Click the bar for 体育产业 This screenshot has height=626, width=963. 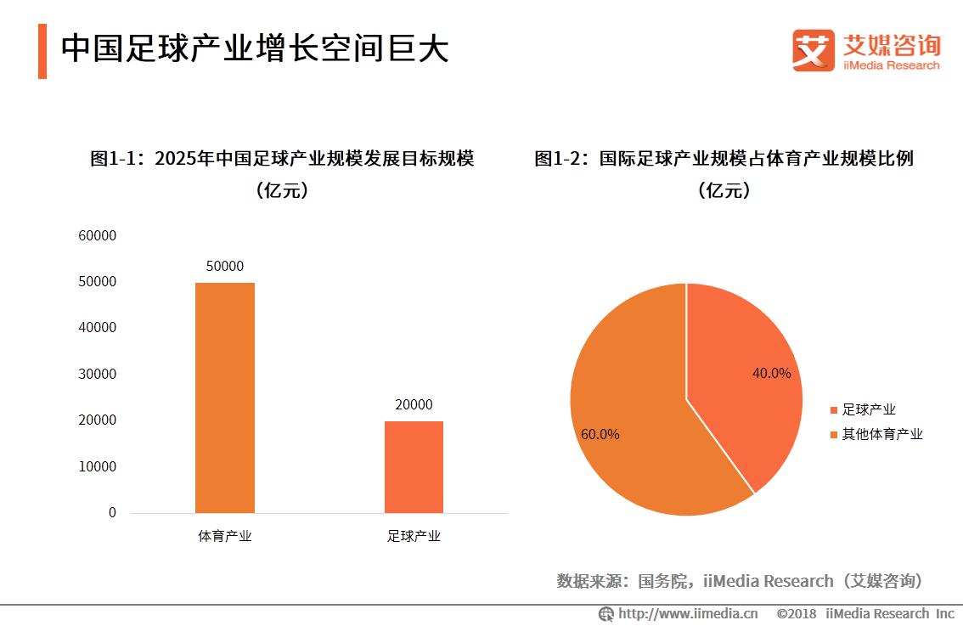tap(224, 398)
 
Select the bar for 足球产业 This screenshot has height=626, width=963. tap(414, 466)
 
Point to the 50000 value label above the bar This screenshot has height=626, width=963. tap(224, 266)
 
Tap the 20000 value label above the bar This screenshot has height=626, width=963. tap(414, 405)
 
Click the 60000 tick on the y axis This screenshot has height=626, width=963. tap(97, 235)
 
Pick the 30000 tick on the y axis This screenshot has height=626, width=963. tap(97, 374)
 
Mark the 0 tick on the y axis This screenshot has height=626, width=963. tap(112, 513)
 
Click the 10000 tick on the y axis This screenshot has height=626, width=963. tap(97, 466)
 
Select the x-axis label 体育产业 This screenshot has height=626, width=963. tap(224, 536)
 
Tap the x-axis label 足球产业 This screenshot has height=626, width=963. tap(414, 536)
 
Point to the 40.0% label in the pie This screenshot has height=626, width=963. tap(771, 373)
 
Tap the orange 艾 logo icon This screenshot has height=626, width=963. tap(813, 50)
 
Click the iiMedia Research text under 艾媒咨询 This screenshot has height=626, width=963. tap(892, 65)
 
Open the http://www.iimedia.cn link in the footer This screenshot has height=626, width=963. tap(687, 613)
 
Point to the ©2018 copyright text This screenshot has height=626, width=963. tap(797, 613)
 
